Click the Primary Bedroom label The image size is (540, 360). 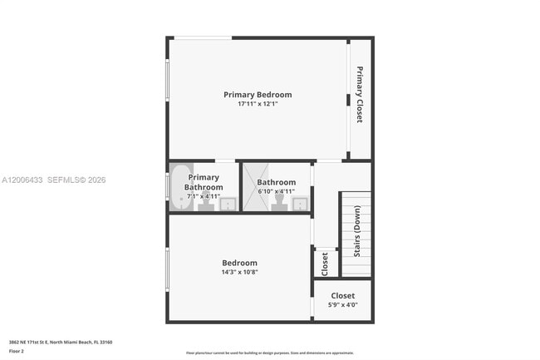coord(258,95)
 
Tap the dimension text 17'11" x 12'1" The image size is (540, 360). coord(258,105)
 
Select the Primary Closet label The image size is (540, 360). coord(360,95)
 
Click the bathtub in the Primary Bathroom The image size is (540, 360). coord(180,188)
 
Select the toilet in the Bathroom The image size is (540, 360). coord(278,202)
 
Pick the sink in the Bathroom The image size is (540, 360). coord(300,204)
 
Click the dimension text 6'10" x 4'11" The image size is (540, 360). coord(277,192)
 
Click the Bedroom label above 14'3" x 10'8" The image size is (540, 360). coord(239,263)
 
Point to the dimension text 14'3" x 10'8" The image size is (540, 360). coord(239,272)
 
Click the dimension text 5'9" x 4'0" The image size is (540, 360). coord(342,305)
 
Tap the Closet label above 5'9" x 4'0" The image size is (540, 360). coord(342,296)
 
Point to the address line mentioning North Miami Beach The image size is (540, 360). coord(61,342)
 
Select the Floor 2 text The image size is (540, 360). coord(17,352)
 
